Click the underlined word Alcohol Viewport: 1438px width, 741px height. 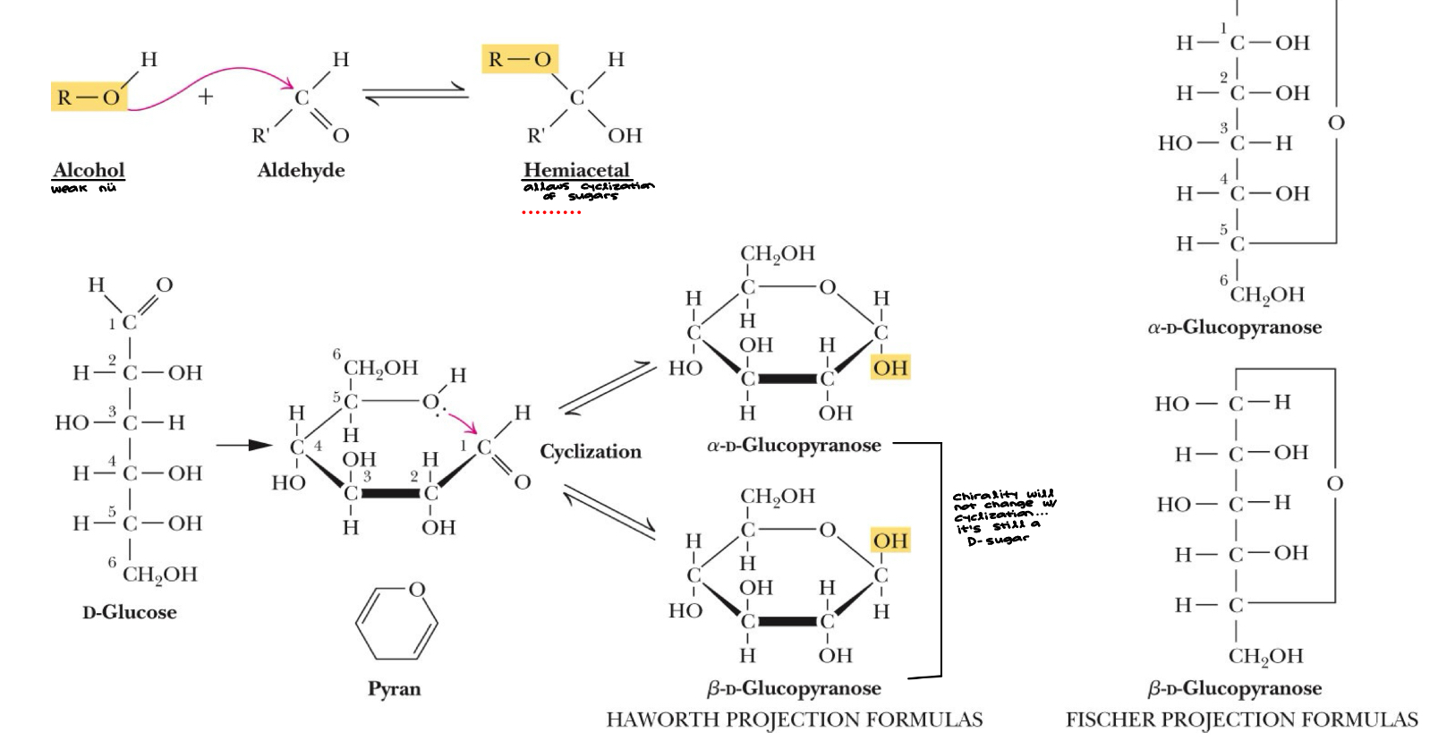[x=89, y=170]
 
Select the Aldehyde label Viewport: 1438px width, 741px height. [x=301, y=170]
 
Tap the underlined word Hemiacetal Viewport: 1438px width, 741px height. [x=576, y=170]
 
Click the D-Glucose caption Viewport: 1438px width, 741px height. [x=130, y=613]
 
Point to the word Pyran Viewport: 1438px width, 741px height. [x=394, y=688]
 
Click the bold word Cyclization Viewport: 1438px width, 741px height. [x=591, y=451]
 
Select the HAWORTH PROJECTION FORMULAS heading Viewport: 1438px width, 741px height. [x=795, y=720]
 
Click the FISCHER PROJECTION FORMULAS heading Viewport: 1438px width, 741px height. [x=1242, y=720]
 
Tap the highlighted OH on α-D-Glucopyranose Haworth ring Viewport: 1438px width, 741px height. [x=890, y=367]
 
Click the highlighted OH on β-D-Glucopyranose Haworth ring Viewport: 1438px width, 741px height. [x=890, y=541]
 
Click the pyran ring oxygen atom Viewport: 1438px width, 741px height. [x=416, y=590]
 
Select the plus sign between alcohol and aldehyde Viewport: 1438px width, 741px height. [x=206, y=97]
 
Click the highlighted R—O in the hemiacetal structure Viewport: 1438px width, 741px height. [x=520, y=60]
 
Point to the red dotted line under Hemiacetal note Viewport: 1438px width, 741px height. [x=551, y=212]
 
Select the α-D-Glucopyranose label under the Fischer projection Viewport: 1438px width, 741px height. [x=1234, y=328]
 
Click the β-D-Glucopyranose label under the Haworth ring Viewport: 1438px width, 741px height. [x=794, y=688]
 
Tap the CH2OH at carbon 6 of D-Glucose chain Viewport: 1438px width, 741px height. [x=159, y=574]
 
